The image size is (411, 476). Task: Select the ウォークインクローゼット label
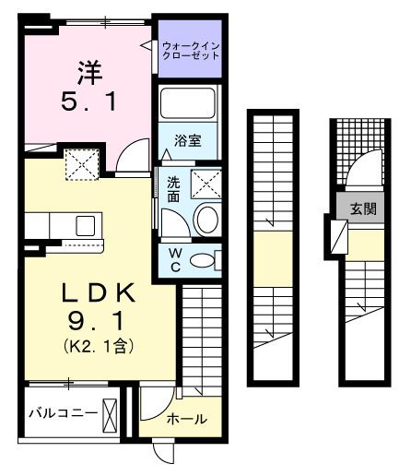point(191,49)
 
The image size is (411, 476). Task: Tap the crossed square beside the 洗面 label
point(207,184)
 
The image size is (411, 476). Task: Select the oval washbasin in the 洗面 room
point(207,220)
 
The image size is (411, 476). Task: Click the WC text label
point(173,259)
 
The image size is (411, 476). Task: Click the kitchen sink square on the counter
point(86,224)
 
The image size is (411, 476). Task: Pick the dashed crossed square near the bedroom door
point(81,165)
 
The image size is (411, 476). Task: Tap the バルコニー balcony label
point(62,412)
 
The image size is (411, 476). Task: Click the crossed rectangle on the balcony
point(111,413)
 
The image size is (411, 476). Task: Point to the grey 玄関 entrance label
point(357,208)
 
